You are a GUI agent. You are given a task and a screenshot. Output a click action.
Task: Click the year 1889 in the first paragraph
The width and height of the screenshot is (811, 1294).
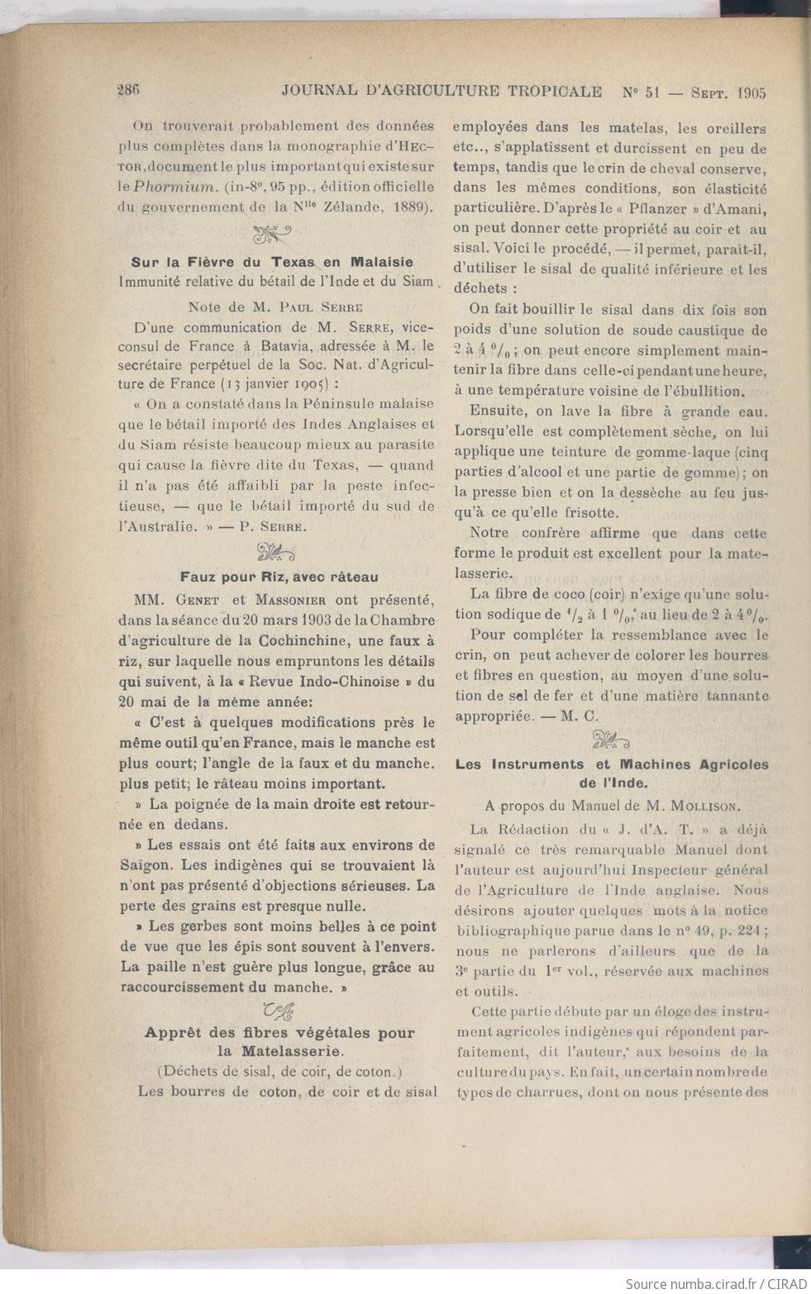click(408, 207)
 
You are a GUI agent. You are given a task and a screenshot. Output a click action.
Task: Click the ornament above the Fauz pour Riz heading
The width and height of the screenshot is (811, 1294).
click(276, 552)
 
